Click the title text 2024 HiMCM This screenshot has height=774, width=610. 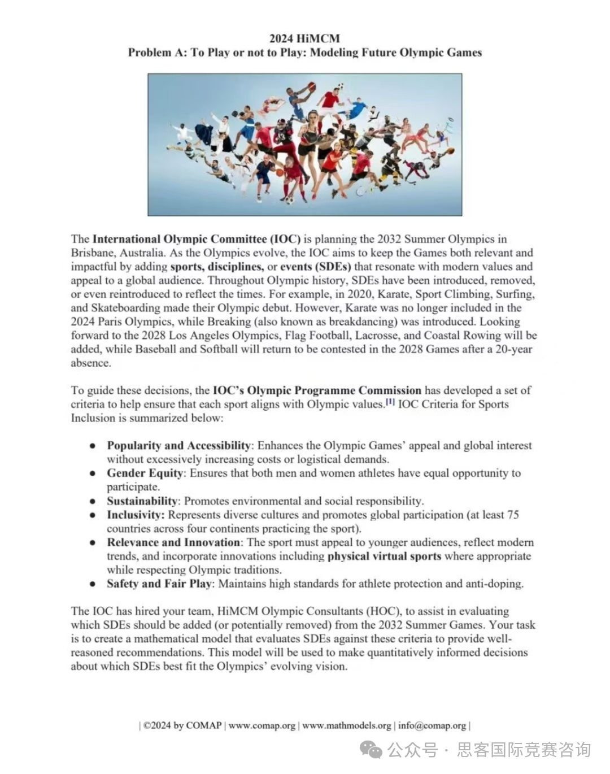point(304,38)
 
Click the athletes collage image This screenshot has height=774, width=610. point(304,145)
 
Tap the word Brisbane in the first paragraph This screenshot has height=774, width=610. point(93,253)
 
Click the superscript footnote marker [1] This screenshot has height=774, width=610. point(390,402)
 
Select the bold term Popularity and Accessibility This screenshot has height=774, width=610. point(178,446)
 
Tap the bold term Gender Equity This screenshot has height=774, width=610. point(145,473)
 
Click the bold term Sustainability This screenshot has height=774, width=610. point(142,501)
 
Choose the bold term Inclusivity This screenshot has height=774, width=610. point(135,515)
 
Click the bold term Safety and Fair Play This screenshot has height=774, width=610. point(159,584)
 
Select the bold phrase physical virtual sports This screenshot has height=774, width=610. point(384,556)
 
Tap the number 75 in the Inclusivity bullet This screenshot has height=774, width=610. point(513,515)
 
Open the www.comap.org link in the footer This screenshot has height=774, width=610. point(262,725)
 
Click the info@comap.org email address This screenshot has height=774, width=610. point(432,725)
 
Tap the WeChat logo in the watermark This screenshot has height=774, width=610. point(371,750)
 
